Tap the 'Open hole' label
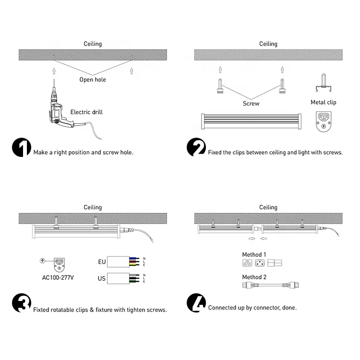click(x=93, y=80)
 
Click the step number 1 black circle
click(x=21, y=148)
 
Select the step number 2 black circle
click(x=196, y=148)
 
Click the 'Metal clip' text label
click(x=324, y=102)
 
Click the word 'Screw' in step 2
click(x=251, y=103)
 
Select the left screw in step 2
click(x=220, y=87)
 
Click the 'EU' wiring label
click(x=102, y=262)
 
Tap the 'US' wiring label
click(x=102, y=278)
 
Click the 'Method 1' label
click(x=254, y=254)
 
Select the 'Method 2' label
click(x=254, y=277)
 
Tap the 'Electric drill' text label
click(x=86, y=112)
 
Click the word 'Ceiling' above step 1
click(x=93, y=44)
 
